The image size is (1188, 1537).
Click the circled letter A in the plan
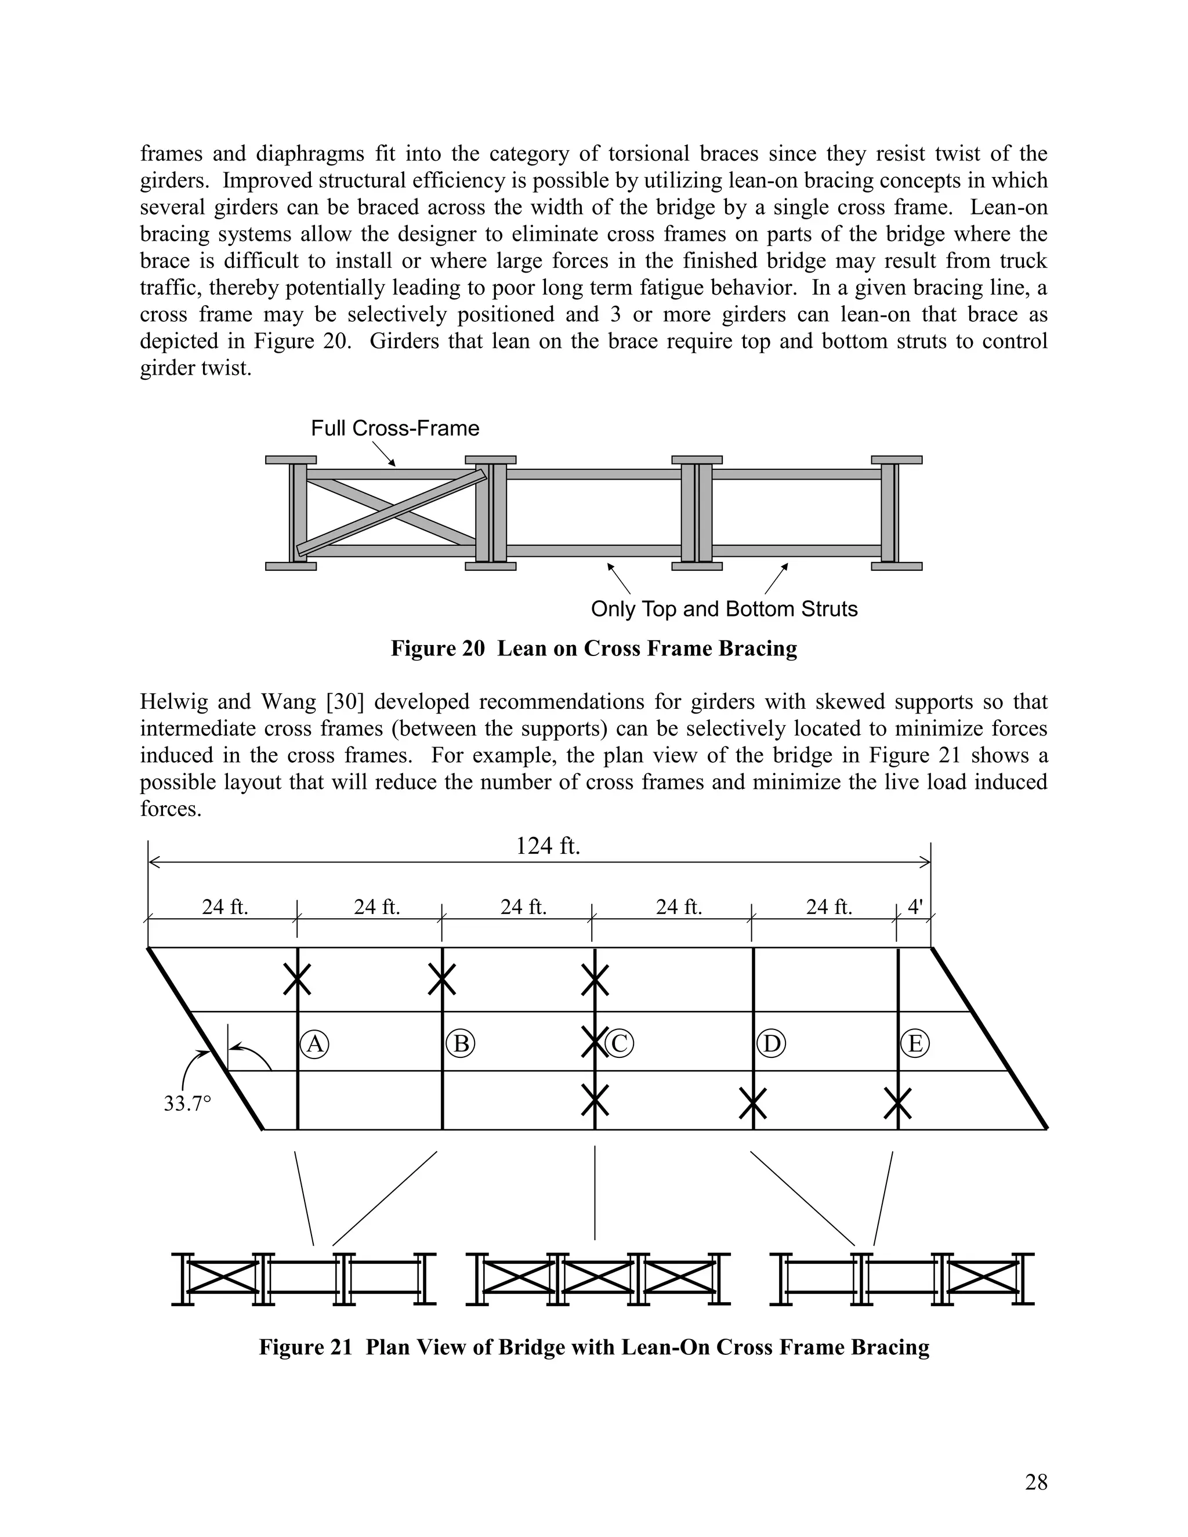pyautogui.click(x=314, y=1043)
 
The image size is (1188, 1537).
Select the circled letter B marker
pyautogui.click(x=461, y=1043)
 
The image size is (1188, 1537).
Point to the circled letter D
pyautogui.click(x=772, y=1043)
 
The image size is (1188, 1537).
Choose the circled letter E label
pyautogui.click(x=915, y=1043)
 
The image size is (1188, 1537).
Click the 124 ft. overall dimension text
pyautogui.click(x=548, y=846)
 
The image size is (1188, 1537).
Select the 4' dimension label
pyautogui.click(x=914, y=907)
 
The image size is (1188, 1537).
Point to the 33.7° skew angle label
pyautogui.click(x=187, y=1104)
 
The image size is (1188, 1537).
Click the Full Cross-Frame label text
pyautogui.click(x=395, y=429)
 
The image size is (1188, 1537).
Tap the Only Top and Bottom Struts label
pyautogui.click(x=724, y=609)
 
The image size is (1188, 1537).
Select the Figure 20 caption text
pyautogui.click(x=594, y=648)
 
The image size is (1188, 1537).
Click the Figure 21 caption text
pyautogui.click(x=594, y=1347)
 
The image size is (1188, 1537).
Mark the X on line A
pyautogui.click(x=297, y=978)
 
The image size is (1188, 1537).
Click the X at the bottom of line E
pyautogui.click(x=897, y=1103)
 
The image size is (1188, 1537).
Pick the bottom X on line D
pyautogui.click(x=752, y=1103)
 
